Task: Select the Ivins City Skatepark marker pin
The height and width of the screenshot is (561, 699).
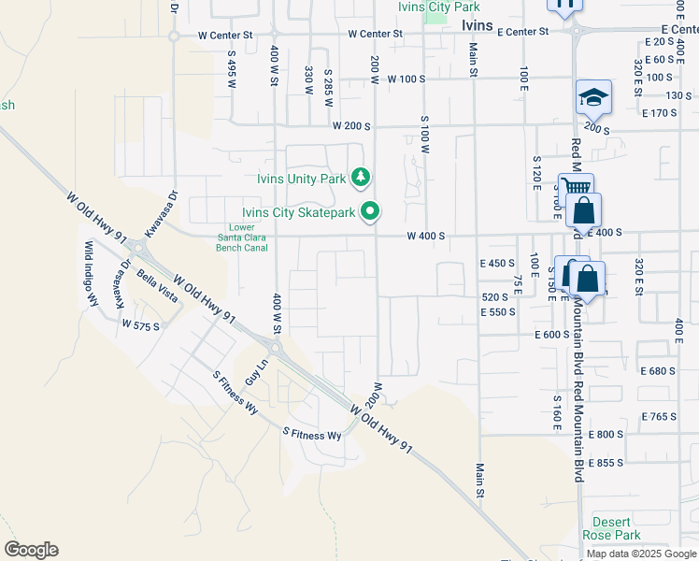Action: pyautogui.click(x=371, y=212)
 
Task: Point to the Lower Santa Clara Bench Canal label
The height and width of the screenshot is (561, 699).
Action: pyautogui.click(x=242, y=237)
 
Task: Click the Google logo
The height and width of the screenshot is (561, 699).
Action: pyautogui.click(x=31, y=550)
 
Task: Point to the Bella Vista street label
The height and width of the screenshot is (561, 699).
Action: pyautogui.click(x=156, y=287)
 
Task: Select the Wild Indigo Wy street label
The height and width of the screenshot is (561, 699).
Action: pyautogui.click(x=92, y=273)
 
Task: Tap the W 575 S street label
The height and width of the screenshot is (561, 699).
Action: pyautogui.click(x=141, y=324)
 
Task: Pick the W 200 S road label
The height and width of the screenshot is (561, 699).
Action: pyautogui.click(x=352, y=125)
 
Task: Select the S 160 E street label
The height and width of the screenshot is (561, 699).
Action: pyautogui.click(x=556, y=411)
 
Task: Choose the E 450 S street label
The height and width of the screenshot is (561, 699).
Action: pyautogui.click(x=497, y=264)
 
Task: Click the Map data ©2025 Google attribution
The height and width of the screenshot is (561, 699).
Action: pyautogui.click(x=641, y=554)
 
